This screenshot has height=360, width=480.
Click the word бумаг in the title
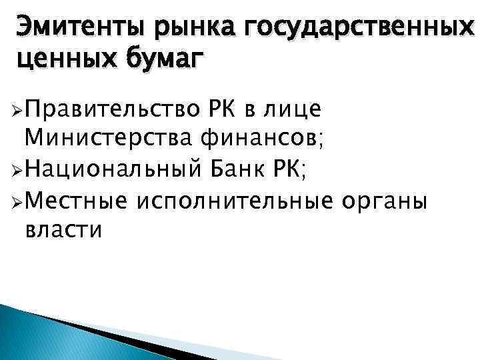click(162, 60)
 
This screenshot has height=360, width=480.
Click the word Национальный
click(110, 169)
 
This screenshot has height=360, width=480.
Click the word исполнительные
click(237, 200)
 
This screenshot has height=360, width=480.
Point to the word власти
click(63, 231)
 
